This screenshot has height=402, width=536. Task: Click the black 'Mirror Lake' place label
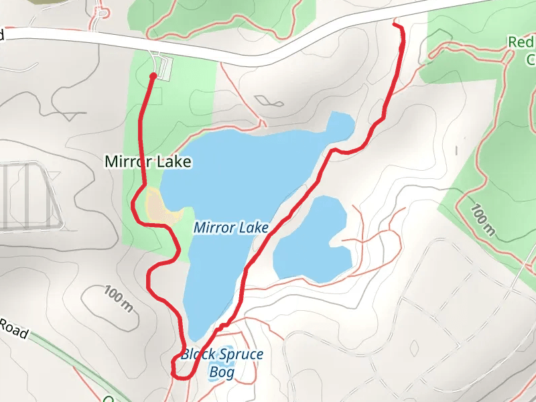pyautogui.click(x=148, y=161)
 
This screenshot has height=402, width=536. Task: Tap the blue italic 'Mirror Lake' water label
pyautogui.click(x=230, y=228)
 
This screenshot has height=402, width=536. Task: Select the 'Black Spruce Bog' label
pyautogui.click(x=222, y=362)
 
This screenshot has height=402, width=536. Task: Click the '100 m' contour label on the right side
pyautogui.click(x=482, y=222)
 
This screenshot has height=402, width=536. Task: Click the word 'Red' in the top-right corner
pyautogui.click(x=520, y=42)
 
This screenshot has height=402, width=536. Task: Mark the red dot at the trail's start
pyautogui.click(x=153, y=76)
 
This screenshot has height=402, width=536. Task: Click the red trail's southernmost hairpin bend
pyautogui.click(x=175, y=368)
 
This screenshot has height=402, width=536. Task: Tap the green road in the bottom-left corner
pyautogui.click(x=67, y=358)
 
